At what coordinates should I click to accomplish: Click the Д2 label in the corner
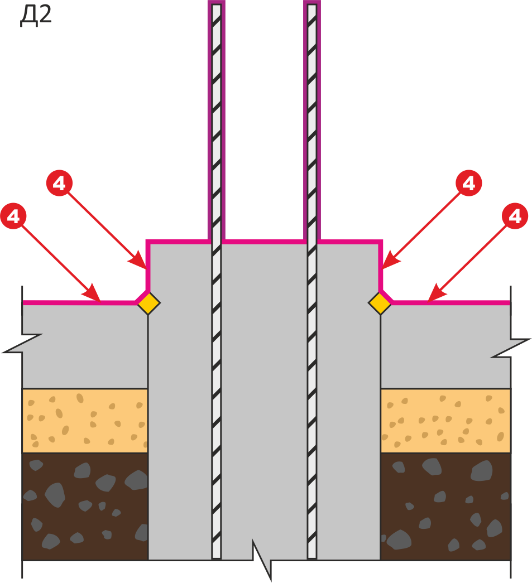(35, 16)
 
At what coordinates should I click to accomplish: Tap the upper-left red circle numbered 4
(59, 183)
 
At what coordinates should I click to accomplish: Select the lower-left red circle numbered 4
(13, 216)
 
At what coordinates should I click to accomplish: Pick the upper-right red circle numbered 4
(469, 183)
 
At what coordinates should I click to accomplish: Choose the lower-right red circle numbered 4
(515, 216)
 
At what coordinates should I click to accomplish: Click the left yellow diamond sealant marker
(149, 303)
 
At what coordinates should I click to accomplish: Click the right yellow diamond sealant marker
(380, 303)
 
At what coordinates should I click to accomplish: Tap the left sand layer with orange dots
(85, 421)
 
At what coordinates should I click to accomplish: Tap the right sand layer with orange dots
(445, 421)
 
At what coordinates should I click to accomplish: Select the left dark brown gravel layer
(85, 507)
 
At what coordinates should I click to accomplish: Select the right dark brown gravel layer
(445, 507)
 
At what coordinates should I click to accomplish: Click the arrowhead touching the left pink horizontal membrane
(94, 294)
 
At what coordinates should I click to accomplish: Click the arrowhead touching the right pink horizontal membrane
(435, 293)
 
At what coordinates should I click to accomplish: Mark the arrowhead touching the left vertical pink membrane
(138, 261)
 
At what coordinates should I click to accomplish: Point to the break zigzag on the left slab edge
(22, 343)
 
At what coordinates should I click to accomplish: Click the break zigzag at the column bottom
(262, 560)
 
